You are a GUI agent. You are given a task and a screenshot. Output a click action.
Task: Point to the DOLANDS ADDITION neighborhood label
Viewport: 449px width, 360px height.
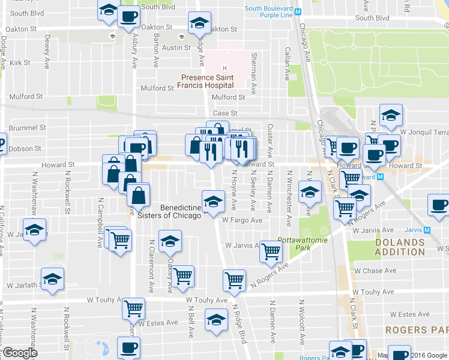pos(400,247)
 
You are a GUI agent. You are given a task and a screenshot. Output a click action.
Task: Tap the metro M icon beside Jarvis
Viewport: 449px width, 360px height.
pos(427,230)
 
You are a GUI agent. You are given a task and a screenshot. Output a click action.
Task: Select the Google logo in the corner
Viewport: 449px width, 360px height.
pos(19,353)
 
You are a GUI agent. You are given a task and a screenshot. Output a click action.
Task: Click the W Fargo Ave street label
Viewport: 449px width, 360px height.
pos(242,220)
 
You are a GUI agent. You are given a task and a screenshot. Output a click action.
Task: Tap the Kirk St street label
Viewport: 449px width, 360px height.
pos(20,62)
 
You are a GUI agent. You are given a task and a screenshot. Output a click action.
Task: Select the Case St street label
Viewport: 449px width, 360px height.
pos(226,113)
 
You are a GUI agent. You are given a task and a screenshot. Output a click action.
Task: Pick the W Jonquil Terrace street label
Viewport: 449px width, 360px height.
pos(424,131)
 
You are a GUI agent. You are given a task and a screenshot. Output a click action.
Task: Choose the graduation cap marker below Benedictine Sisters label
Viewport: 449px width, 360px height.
pos(170,241)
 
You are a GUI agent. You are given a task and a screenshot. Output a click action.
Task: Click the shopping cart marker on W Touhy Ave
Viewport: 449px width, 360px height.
pos(133,308)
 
